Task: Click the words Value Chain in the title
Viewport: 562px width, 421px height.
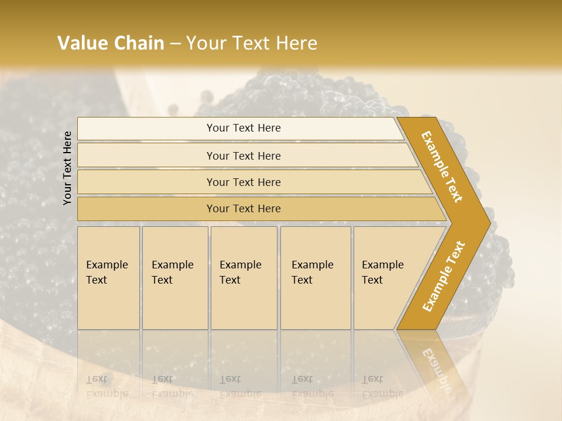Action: pyautogui.click(x=111, y=43)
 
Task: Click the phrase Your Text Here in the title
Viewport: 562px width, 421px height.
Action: pyautogui.click(x=252, y=43)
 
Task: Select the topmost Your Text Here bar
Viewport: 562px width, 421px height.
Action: pyautogui.click(x=243, y=128)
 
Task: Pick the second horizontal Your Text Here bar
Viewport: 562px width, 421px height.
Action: pyautogui.click(x=243, y=156)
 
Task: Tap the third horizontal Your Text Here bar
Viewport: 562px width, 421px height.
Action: pyautogui.click(x=243, y=182)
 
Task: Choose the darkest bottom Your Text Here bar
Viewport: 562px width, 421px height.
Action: pyautogui.click(x=243, y=209)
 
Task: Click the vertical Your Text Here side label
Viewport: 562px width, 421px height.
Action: pyautogui.click(x=67, y=168)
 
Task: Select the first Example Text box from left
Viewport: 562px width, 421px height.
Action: pyautogui.click(x=108, y=278)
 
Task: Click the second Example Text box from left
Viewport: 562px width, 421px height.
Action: pyautogui.click(x=174, y=278)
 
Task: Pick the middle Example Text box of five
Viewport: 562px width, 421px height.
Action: pyautogui.click(x=243, y=278)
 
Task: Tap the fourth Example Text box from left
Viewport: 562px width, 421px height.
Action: pyautogui.click(x=315, y=278)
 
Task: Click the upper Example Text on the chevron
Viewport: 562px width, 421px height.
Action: pyautogui.click(x=442, y=167)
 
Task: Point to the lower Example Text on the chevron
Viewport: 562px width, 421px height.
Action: pyautogui.click(x=443, y=277)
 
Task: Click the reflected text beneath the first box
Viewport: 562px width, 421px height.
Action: pyautogui.click(x=107, y=386)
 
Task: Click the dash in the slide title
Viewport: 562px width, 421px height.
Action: pyautogui.click(x=175, y=44)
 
